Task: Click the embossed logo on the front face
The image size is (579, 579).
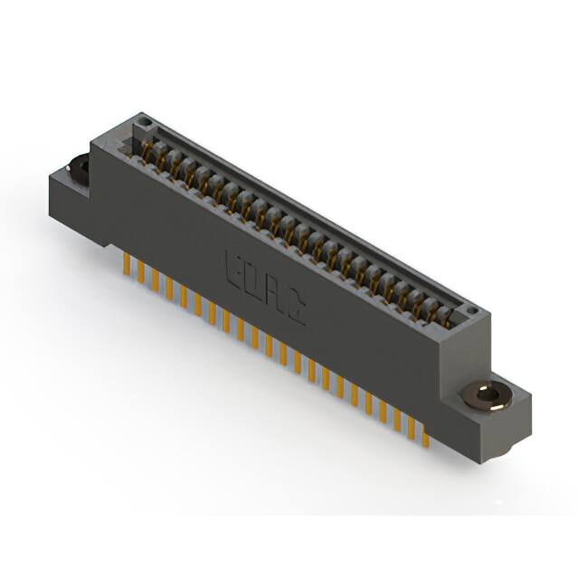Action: click(x=264, y=289)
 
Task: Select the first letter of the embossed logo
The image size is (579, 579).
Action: click(x=233, y=271)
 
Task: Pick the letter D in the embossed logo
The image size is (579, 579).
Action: click(x=253, y=281)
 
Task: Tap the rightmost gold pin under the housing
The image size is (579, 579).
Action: click(x=425, y=436)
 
